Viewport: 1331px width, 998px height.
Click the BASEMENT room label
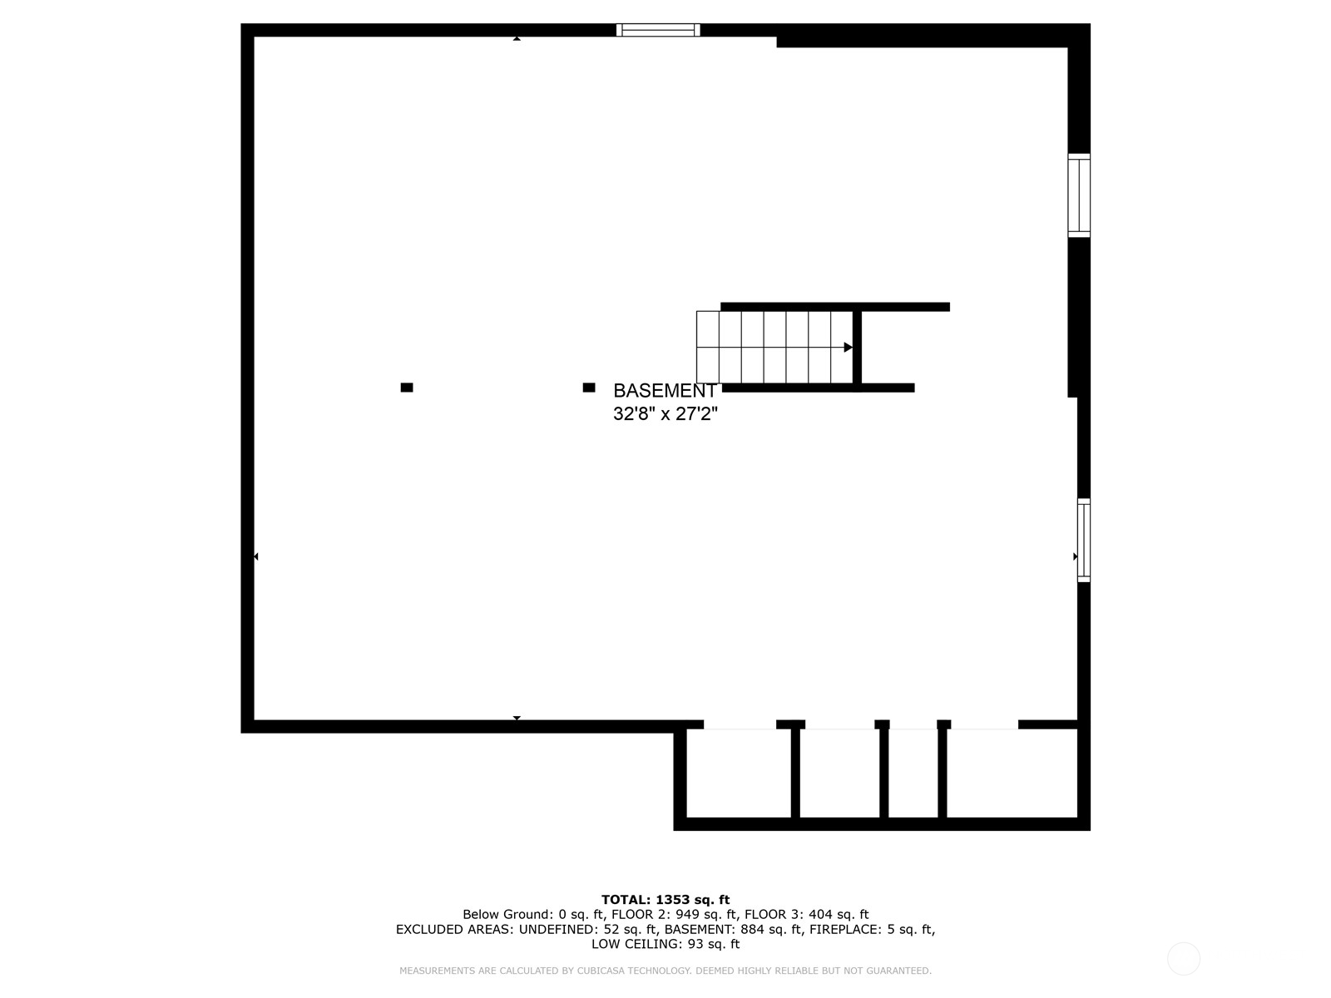click(665, 390)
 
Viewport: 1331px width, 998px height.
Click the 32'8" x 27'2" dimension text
click(665, 414)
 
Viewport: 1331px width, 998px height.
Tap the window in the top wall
click(658, 30)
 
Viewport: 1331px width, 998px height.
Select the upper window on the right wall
click(1079, 195)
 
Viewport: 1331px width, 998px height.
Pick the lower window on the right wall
click(1084, 540)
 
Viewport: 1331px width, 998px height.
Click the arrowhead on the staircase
click(849, 347)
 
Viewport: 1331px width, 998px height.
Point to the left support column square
click(407, 388)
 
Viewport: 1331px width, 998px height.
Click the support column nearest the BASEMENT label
click(589, 388)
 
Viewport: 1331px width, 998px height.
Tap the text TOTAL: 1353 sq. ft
click(665, 900)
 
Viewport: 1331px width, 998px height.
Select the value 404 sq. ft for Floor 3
click(839, 914)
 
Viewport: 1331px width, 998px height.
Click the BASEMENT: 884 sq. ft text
click(733, 930)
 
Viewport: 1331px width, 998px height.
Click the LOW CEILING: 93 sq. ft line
click(665, 944)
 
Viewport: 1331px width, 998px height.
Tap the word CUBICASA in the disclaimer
click(601, 971)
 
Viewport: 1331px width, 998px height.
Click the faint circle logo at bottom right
click(1184, 959)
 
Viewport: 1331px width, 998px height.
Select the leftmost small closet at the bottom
click(739, 773)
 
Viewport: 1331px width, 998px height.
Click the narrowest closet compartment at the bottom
click(913, 773)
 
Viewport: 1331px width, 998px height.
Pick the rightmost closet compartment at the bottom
click(1012, 773)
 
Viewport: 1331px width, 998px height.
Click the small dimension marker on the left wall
click(256, 556)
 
